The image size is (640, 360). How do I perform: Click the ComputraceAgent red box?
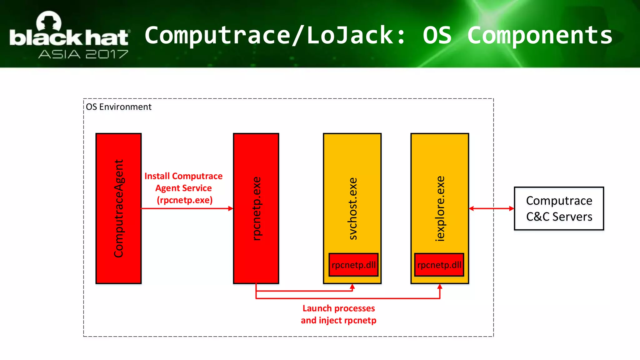pos(118,208)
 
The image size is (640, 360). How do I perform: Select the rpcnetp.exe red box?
pos(256,208)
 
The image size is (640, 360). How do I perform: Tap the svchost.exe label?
pos(353,208)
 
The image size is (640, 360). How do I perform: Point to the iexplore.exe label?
pos(440,208)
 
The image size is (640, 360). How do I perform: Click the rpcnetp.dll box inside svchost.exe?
pos(353,265)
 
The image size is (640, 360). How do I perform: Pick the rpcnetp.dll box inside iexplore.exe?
pos(439,265)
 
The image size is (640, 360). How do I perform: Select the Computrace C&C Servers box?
pos(559,208)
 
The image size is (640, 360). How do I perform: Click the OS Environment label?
pos(118,107)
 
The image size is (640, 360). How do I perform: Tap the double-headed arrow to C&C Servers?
pos(491,208)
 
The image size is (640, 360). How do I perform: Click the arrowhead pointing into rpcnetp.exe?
pos(231,208)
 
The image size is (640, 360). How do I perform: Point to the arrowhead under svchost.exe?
pos(352,287)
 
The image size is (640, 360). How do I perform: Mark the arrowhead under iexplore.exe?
pos(440,287)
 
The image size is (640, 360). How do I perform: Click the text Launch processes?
pos(338,308)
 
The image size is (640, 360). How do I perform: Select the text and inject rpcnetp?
pos(338,320)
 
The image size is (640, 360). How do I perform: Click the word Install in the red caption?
pos(157,176)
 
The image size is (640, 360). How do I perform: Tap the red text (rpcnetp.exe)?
pos(184,200)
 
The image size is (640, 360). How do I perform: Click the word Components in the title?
pos(540,35)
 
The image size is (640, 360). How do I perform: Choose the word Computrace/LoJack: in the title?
pos(275,35)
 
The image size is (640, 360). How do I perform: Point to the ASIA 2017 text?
pos(83,54)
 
